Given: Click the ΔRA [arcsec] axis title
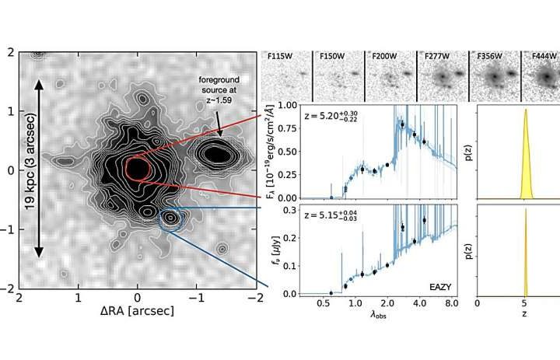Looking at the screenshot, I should click(x=138, y=310).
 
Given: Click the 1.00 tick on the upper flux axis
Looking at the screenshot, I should click(x=285, y=104).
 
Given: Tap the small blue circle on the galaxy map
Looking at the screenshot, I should click(x=170, y=218).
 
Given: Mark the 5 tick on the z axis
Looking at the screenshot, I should click(x=527, y=305).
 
